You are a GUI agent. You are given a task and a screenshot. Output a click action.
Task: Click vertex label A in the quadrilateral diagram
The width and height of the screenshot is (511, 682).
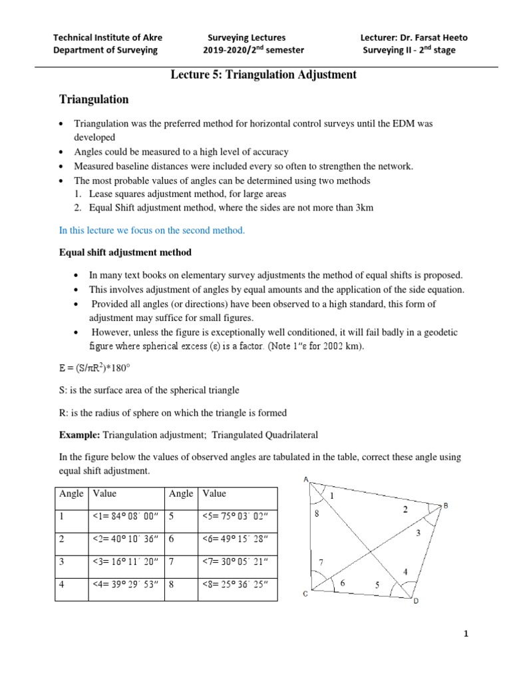tap(305, 480)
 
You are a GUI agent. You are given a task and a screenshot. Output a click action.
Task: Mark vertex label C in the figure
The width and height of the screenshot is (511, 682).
tap(305, 594)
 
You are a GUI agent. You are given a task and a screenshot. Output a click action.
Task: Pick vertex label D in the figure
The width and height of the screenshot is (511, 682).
tap(417, 602)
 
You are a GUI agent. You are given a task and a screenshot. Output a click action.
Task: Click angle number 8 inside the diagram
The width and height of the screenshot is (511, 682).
tap(317, 513)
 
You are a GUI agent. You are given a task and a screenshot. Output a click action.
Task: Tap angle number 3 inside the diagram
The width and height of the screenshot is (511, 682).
tap(418, 533)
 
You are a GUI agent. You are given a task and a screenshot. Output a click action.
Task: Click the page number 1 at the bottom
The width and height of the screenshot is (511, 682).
tap(466, 634)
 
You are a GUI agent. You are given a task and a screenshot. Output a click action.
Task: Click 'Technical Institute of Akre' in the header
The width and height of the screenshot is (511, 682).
tap(107, 37)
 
